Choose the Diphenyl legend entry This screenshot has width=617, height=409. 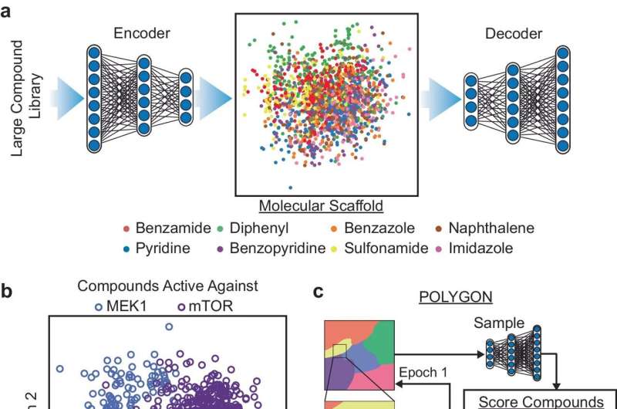[x=266, y=228]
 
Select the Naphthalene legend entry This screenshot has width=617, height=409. [x=489, y=228]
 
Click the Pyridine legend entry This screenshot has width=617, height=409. [x=159, y=249]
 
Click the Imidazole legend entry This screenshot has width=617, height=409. [x=484, y=249]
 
